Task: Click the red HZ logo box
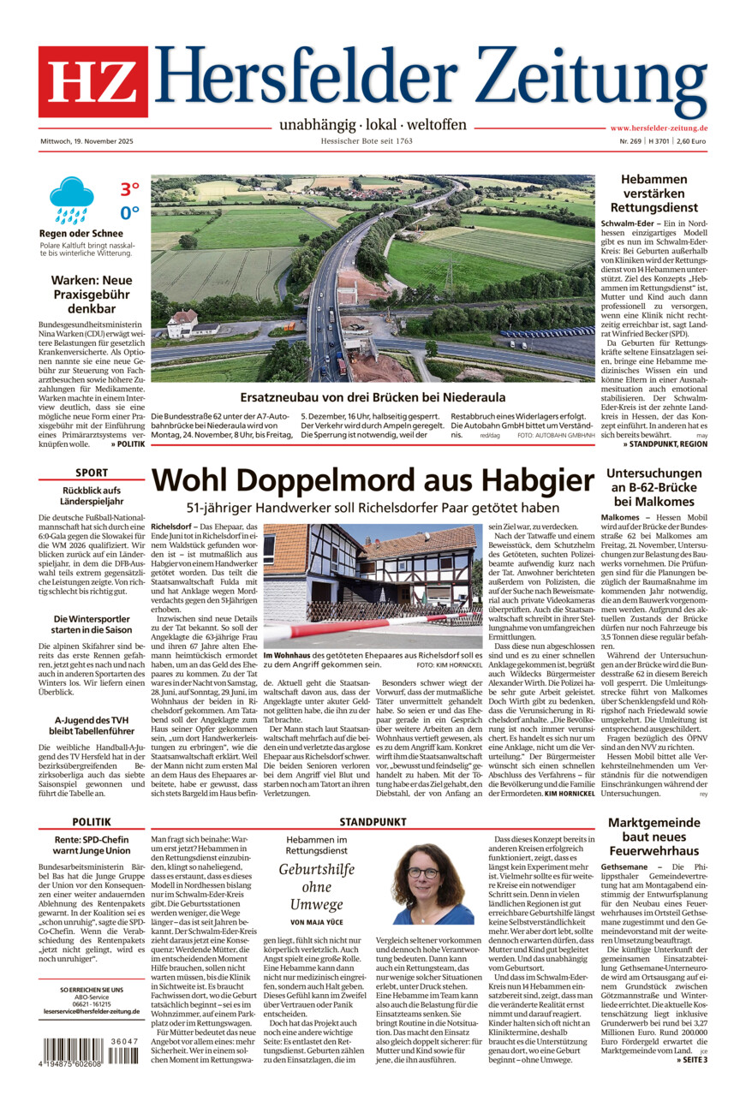tap(93, 81)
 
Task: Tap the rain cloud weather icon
tap(71, 199)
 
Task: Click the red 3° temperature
tap(129, 189)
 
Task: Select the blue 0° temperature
tap(129, 212)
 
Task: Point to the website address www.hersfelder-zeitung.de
tap(658, 128)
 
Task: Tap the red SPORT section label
tap(92, 473)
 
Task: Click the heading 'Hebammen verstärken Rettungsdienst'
tap(653, 193)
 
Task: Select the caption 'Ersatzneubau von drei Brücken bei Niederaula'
tap(373, 397)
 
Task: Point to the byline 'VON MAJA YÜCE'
tap(316, 921)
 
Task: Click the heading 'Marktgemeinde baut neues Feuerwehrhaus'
tap(653, 842)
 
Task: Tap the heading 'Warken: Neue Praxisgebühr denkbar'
tap(92, 295)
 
